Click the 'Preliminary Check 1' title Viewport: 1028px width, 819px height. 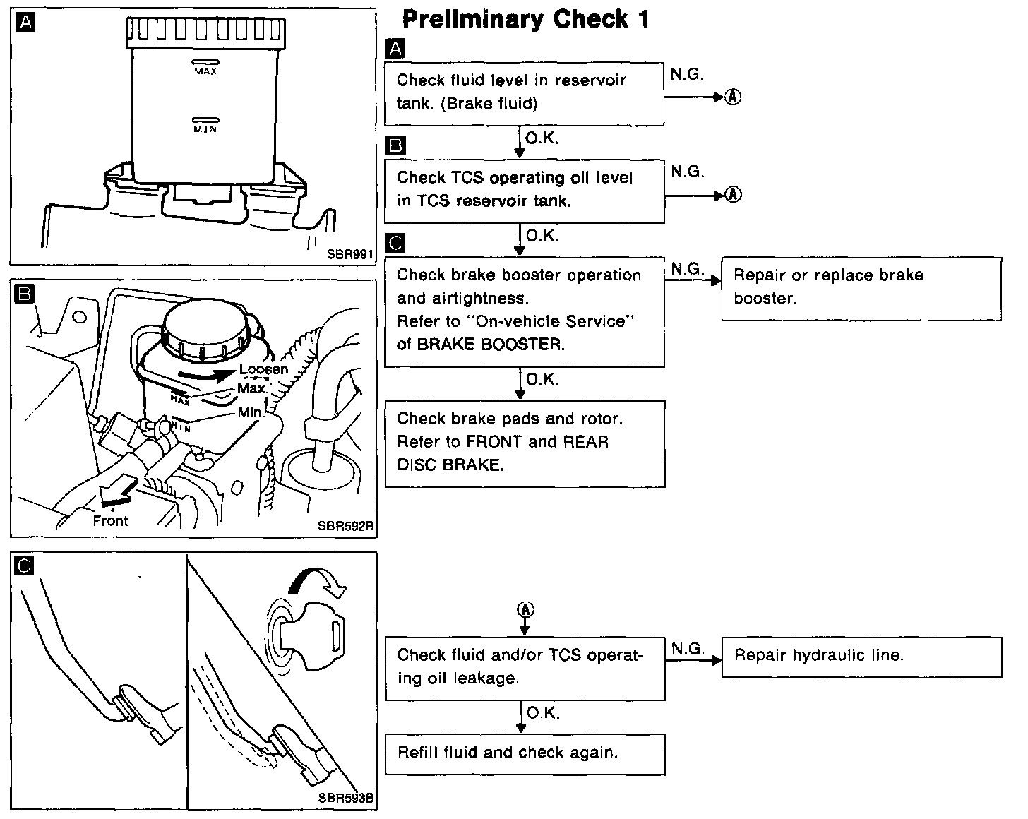coord(525,20)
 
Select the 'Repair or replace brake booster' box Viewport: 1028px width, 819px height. coord(861,288)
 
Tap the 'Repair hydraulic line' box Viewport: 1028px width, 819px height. coord(861,657)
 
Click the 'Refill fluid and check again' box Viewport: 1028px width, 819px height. coord(525,754)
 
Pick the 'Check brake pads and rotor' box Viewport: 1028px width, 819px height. coord(525,443)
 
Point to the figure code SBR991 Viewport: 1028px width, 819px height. coord(349,255)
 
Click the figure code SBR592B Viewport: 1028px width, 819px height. coord(346,526)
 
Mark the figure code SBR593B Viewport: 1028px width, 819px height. coord(346,799)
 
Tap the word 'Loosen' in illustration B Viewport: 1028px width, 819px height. coord(263,369)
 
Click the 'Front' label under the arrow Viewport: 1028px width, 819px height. coord(110,522)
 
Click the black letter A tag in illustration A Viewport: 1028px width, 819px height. coord(25,23)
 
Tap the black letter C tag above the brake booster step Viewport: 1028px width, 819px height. coord(397,244)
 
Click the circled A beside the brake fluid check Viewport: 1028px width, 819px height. coord(734,97)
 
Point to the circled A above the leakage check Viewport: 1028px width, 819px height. coord(524,609)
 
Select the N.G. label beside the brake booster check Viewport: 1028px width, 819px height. coord(688,269)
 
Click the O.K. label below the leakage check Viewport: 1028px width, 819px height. coord(542,713)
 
